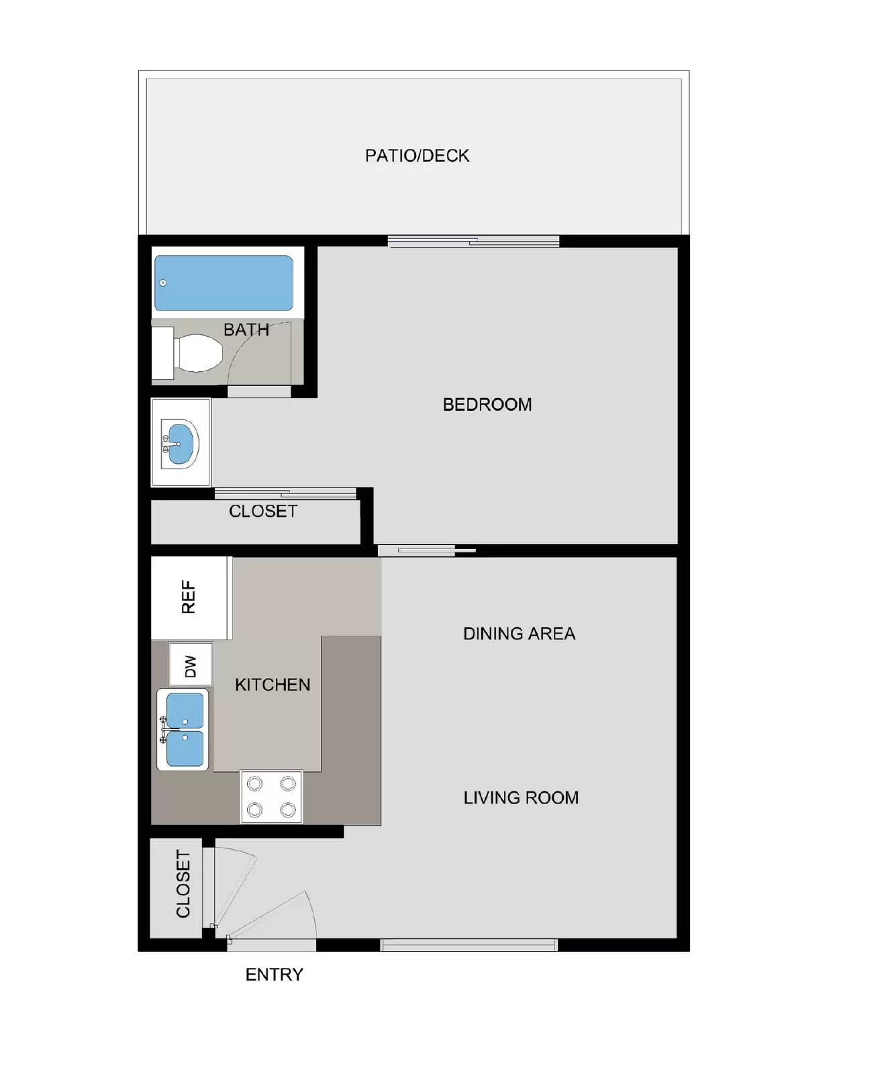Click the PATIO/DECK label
(417, 156)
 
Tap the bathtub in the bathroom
(224, 283)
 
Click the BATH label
(246, 330)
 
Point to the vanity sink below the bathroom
(180, 443)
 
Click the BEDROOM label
(487, 405)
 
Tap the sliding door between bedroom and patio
(473, 241)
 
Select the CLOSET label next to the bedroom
(263, 511)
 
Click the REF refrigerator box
(189, 597)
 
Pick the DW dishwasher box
(191, 665)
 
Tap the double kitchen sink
(183, 730)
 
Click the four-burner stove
(271, 796)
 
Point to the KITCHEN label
(273, 685)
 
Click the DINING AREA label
(519, 634)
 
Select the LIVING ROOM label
(521, 797)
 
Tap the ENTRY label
(274, 975)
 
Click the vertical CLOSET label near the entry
(183, 883)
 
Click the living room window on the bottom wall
(468, 945)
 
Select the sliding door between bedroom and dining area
(426, 551)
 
